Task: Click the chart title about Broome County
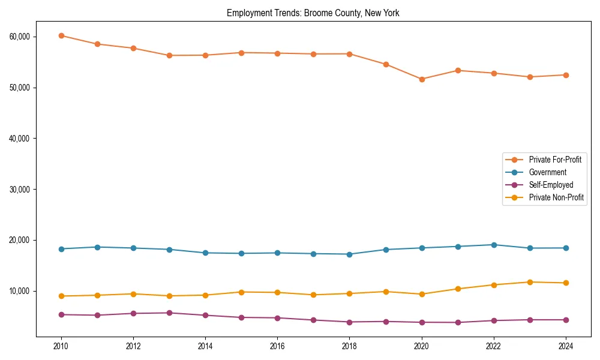[x=313, y=13]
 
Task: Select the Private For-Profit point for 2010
[x=61, y=35]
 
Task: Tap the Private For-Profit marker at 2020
[x=422, y=79]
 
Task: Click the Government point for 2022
[x=494, y=245]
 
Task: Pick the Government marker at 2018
[x=350, y=254]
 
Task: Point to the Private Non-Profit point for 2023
[x=530, y=282]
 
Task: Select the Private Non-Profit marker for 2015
[x=241, y=292]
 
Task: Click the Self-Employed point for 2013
[x=169, y=313]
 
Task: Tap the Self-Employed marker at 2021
[x=458, y=322]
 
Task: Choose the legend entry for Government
[x=547, y=172]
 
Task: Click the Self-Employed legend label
[x=551, y=185]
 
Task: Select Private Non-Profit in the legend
[x=556, y=197]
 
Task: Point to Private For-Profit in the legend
[x=555, y=160]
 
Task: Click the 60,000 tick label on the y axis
[x=20, y=37]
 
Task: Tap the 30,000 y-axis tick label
[x=20, y=189]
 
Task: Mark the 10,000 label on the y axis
[x=20, y=291]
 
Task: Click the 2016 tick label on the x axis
[x=277, y=346]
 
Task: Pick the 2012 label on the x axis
[x=133, y=346]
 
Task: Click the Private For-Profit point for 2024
[x=566, y=75]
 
